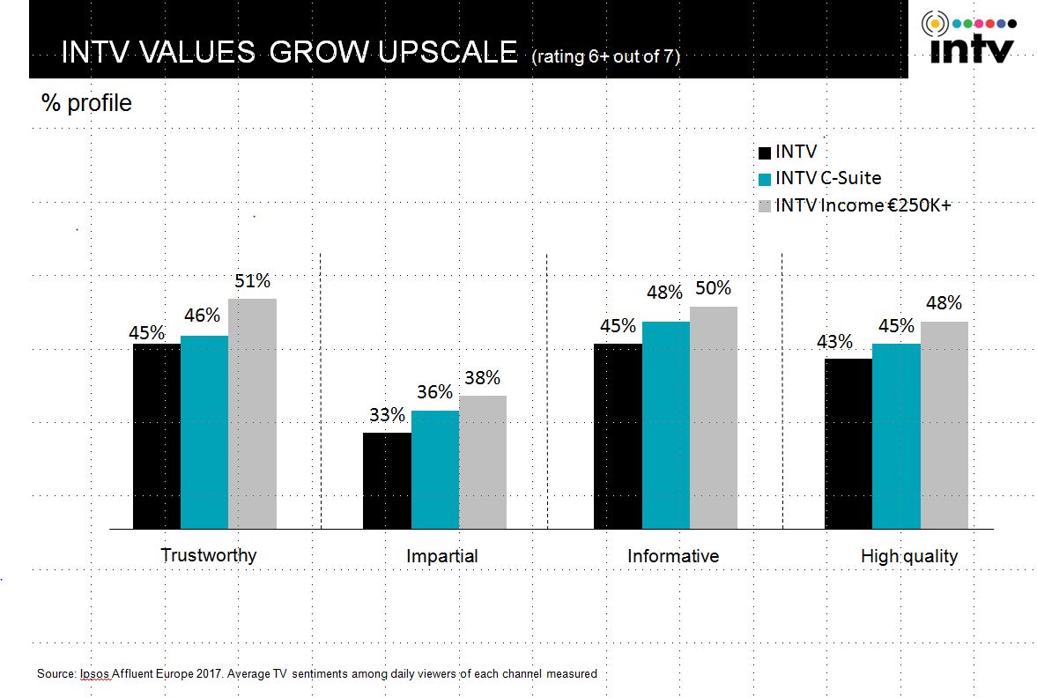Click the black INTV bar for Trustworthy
(x=157, y=435)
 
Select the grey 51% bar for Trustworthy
(x=252, y=413)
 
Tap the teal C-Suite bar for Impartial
(x=434, y=469)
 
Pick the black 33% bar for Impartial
(x=387, y=480)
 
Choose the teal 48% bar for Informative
(x=665, y=425)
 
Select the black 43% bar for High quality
(x=848, y=443)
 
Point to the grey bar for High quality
(x=944, y=425)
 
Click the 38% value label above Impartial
(x=482, y=378)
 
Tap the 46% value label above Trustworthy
(x=203, y=316)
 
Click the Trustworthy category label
(x=209, y=555)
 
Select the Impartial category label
(x=442, y=556)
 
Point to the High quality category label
(x=908, y=556)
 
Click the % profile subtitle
(x=86, y=103)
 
